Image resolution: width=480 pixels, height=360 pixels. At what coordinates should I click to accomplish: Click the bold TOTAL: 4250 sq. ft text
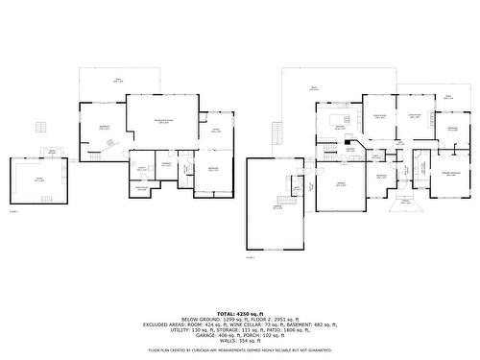240,313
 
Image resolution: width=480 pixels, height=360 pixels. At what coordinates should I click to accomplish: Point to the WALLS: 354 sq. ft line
240,341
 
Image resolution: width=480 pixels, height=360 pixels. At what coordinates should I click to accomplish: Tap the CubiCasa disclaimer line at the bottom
240,350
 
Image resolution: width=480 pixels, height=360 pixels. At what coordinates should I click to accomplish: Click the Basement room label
104,128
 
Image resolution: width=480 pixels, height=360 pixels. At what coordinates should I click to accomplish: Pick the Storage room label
166,164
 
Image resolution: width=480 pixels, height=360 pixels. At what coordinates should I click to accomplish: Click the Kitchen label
339,127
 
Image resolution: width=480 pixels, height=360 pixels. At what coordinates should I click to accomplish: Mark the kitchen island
339,133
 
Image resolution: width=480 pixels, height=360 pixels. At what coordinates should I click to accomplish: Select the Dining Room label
379,117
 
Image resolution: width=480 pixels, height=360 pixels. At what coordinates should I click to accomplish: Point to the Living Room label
416,117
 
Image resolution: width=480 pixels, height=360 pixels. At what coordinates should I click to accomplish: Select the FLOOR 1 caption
13,210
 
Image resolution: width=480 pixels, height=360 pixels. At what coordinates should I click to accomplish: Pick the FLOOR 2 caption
251,257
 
